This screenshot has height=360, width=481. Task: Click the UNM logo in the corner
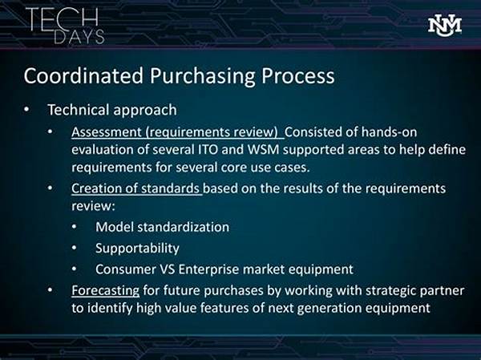(444, 26)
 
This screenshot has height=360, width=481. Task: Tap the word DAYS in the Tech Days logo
(79, 37)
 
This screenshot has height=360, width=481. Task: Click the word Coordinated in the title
(83, 75)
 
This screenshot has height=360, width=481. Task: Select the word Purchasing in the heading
(203, 76)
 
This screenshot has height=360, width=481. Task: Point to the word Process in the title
(298, 76)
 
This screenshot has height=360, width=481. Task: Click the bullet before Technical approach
(27, 110)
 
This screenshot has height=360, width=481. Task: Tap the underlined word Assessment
(106, 132)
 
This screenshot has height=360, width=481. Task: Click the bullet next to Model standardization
(75, 228)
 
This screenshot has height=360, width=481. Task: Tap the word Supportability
(137, 249)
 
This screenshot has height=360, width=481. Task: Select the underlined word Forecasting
(105, 290)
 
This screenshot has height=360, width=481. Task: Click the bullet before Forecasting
(51, 290)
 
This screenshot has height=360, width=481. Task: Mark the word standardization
(183, 228)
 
